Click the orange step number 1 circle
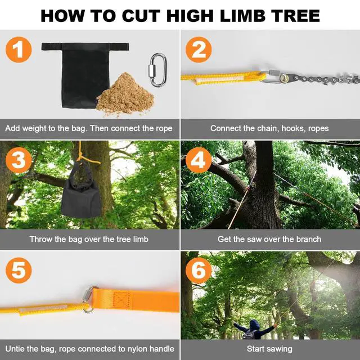(x=19, y=49)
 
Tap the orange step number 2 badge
(x=199, y=49)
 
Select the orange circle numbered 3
(x=19, y=160)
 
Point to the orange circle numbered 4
(x=199, y=160)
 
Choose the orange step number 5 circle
(x=19, y=270)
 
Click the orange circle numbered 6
(x=199, y=270)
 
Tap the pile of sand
(x=125, y=94)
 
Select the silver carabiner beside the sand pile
(x=157, y=70)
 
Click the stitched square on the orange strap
(x=121, y=300)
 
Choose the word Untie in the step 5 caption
(x=13, y=349)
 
